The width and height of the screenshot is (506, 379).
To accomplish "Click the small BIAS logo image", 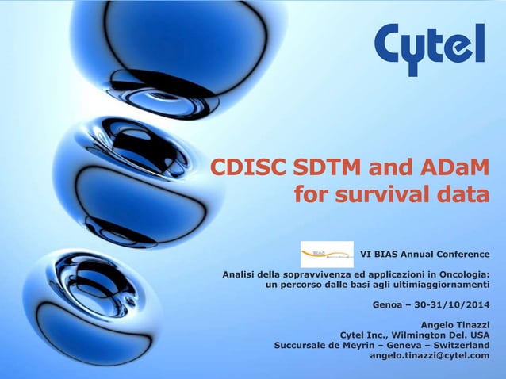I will click(x=327, y=255).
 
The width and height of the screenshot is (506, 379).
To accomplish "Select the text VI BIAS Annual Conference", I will click(x=425, y=255).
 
